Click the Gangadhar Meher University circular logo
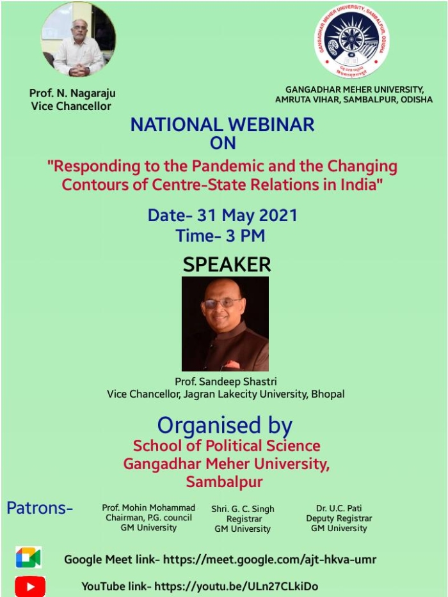(x=351, y=41)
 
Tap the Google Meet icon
(x=29, y=557)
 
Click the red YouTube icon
(x=30, y=586)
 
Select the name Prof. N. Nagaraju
(x=72, y=94)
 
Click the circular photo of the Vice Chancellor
(x=78, y=40)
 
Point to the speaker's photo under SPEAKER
(x=225, y=323)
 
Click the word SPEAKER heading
(x=227, y=265)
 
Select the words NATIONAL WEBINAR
(x=222, y=125)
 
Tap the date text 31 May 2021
(x=247, y=215)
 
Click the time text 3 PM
(x=245, y=236)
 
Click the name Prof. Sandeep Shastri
(x=226, y=382)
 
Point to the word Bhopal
(x=328, y=394)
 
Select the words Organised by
(x=225, y=426)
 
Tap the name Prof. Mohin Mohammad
(x=148, y=508)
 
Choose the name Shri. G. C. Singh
(x=243, y=509)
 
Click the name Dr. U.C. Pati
(x=339, y=508)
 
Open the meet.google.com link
(x=269, y=559)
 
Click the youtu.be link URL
(x=236, y=586)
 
